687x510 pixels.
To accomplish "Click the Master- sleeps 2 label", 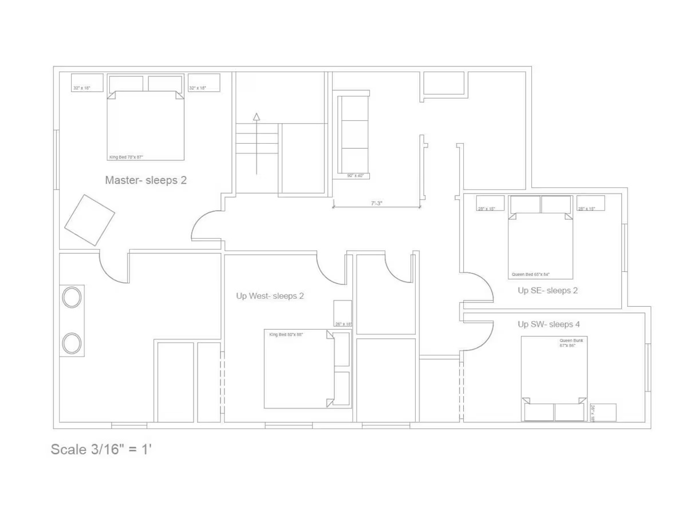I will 145,180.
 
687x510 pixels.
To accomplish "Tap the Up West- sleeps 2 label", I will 270,296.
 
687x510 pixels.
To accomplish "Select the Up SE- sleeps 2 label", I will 547,290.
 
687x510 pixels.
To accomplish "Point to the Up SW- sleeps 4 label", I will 548,324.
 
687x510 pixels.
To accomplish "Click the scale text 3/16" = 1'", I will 101,449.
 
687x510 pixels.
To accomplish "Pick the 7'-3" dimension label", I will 376,203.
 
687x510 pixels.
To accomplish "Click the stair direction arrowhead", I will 256,117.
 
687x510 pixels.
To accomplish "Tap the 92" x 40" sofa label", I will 355,176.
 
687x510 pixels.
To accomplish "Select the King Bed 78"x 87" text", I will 125,157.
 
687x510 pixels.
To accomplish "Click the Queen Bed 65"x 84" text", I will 530,274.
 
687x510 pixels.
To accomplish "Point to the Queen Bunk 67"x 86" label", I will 570,343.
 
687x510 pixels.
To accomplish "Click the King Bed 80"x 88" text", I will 286,334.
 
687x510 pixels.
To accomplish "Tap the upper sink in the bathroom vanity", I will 72,298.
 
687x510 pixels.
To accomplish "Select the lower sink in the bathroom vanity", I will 72,343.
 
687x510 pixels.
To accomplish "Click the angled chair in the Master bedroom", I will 89,220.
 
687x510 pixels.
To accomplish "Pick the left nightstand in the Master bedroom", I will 88,82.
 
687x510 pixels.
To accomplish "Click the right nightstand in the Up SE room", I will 590,203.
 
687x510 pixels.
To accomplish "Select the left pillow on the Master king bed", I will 126,84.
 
